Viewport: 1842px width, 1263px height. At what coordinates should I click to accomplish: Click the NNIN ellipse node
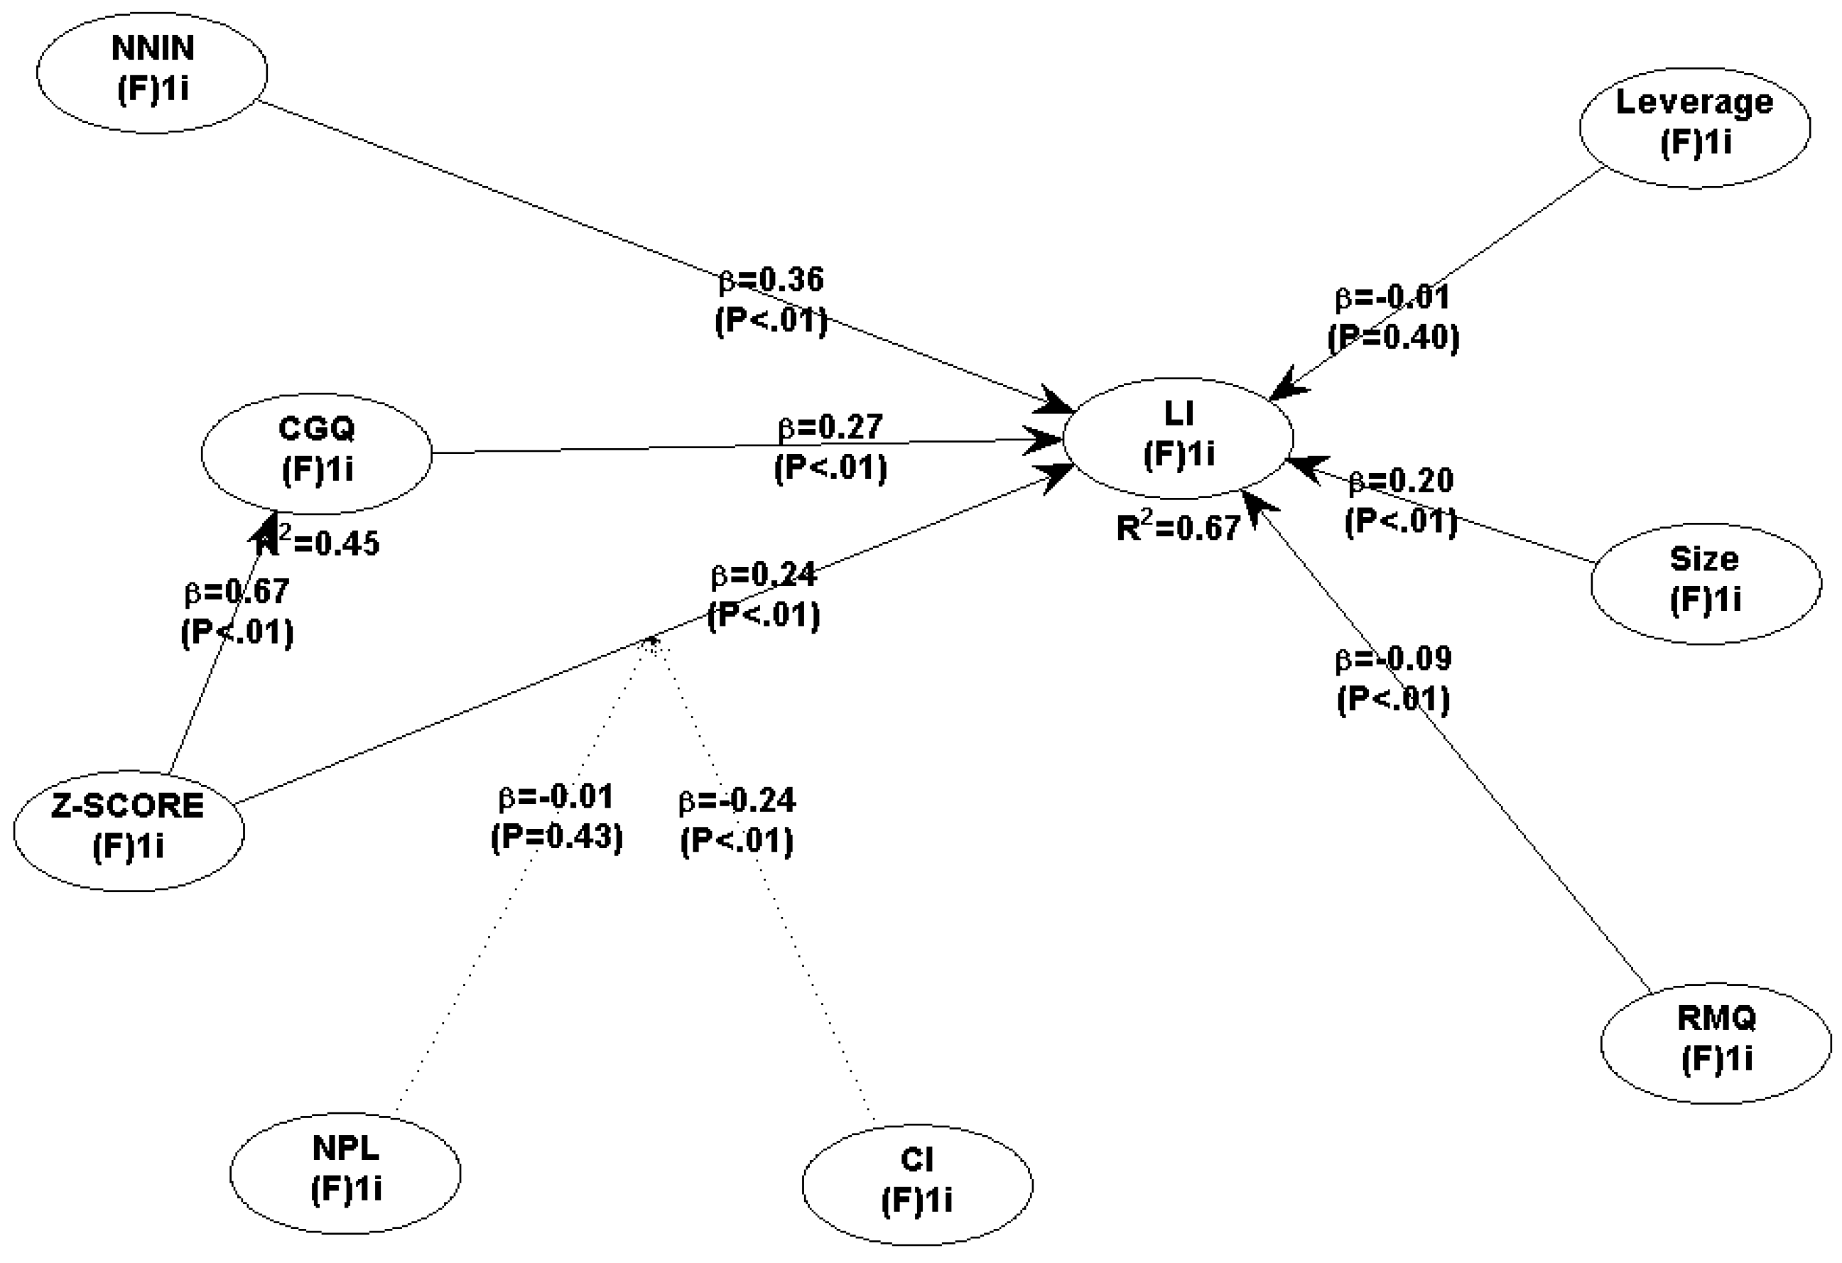[x=151, y=72]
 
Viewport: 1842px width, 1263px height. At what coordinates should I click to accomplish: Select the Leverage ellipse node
[x=1694, y=128]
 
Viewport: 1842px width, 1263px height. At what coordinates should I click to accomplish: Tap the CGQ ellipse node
[x=316, y=453]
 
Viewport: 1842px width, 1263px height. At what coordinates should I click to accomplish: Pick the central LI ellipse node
[x=1178, y=438]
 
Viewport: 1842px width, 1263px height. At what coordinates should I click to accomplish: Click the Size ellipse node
[x=1706, y=583]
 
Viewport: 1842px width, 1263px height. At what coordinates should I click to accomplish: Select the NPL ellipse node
[x=345, y=1172]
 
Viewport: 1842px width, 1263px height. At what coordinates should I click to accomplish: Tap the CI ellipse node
[x=917, y=1183]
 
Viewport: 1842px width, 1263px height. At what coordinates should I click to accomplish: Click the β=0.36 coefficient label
[x=771, y=280]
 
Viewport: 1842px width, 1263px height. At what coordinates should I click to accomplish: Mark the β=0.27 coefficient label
[x=830, y=427]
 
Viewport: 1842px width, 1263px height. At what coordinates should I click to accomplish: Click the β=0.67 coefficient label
[x=237, y=591]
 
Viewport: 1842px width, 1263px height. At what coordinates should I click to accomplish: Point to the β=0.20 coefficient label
[x=1401, y=481]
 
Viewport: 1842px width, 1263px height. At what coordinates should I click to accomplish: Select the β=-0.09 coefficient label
[x=1393, y=659]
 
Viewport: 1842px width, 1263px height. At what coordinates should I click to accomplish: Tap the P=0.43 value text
[x=556, y=838]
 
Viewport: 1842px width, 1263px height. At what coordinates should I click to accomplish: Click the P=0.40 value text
[x=1393, y=337]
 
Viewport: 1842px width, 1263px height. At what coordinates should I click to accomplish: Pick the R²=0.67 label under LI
[x=1178, y=528]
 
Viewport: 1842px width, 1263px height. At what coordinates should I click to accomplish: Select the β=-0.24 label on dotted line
[x=737, y=801]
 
